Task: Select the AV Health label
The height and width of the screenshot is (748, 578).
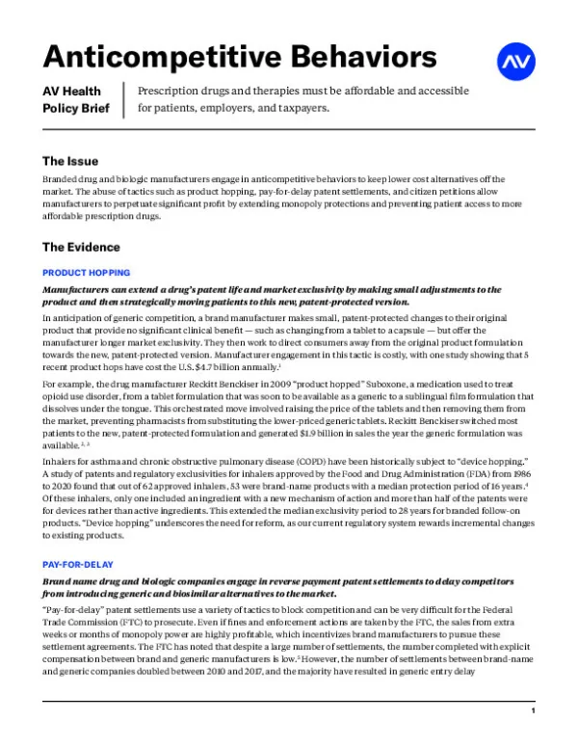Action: (72, 92)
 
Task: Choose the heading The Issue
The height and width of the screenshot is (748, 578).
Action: (70, 161)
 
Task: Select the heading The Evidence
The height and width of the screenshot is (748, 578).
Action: (82, 248)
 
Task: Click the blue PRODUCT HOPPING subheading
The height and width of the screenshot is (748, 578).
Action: (87, 273)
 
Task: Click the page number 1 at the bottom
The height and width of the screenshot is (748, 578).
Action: (532, 710)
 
